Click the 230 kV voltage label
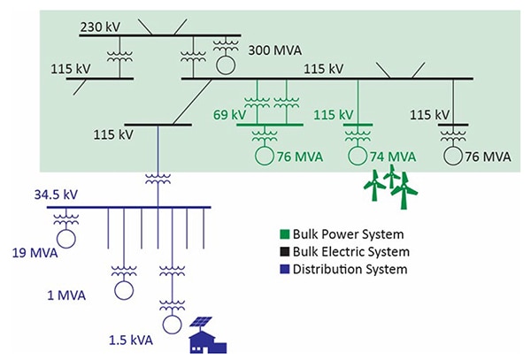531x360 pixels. click(100, 27)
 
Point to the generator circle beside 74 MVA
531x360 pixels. click(358, 157)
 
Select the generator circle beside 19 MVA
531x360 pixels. click(64, 237)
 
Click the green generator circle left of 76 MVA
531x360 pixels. click(264, 157)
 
